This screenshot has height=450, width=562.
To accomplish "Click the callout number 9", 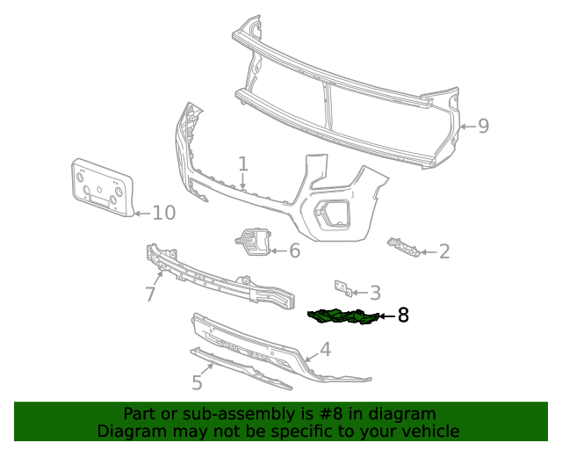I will pyautogui.click(x=483, y=126).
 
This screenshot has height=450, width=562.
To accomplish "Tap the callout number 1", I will pyautogui.click(x=243, y=163).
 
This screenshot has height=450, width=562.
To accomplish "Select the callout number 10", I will pyautogui.click(x=164, y=212).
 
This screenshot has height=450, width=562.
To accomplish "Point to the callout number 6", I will pyautogui.click(x=294, y=251).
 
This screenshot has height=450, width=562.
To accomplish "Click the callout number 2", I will pyautogui.click(x=444, y=252).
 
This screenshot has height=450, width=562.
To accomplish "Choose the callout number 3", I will pyautogui.click(x=375, y=293).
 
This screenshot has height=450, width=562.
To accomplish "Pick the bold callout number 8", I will pyautogui.click(x=403, y=315).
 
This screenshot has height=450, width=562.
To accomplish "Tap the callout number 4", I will pyautogui.click(x=325, y=349).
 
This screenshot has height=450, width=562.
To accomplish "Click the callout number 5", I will pyautogui.click(x=197, y=383).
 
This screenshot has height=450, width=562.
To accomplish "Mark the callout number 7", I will pyautogui.click(x=150, y=294).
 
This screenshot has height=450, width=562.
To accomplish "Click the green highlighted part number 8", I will pyautogui.click(x=343, y=316).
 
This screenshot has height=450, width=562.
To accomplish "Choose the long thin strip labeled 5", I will pyautogui.click(x=241, y=369).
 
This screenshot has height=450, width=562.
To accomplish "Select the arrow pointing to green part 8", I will pyautogui.click(x=386, y=315).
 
